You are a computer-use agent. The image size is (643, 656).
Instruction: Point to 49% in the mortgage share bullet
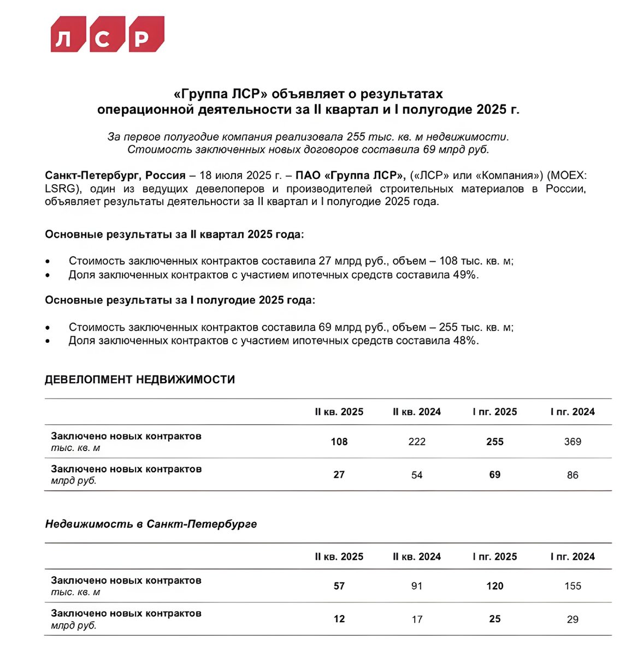(465, 275)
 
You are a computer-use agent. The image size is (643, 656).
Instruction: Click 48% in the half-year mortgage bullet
(465, 341)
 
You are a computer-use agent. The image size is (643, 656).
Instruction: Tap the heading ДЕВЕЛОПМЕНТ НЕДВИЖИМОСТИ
(140, 379)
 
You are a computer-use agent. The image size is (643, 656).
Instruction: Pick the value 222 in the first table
(417, 442)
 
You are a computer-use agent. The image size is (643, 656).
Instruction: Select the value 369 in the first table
(573, 442)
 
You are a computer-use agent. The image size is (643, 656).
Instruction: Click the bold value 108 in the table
(339, 442)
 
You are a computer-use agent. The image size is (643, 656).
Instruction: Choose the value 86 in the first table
(573, 475)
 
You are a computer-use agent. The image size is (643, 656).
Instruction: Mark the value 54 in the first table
(417, 475)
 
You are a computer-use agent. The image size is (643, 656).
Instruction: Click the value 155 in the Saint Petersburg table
(573, 586)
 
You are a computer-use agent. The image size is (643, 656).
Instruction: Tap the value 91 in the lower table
(417, 586)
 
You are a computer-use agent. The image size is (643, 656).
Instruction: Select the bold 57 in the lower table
(339, 586)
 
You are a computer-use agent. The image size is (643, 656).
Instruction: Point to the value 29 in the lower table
(573, 619)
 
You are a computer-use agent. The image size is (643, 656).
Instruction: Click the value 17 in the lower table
(417, 619)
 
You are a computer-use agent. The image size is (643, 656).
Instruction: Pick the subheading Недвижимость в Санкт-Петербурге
(151, 524)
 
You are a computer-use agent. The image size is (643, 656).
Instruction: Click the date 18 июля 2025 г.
(240, 175)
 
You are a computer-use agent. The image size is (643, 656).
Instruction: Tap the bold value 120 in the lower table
(495, 586)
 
